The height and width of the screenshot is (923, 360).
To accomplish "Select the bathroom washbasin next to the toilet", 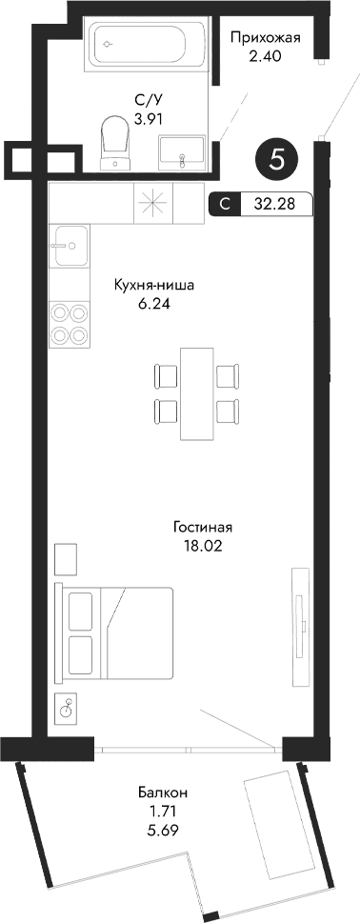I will pos(182,150).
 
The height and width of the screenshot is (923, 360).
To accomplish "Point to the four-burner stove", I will pos(70,322).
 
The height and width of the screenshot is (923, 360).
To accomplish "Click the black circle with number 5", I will pos(277,158).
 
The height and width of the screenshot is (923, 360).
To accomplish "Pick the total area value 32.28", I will pos(270,202).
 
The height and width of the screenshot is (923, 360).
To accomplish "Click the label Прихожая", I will pos(266,38).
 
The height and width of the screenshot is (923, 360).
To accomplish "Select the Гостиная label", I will pos(203,527).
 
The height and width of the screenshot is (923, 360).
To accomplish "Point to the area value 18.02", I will pos(203,546).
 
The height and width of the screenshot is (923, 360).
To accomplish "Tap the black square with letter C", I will pos(223,202).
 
